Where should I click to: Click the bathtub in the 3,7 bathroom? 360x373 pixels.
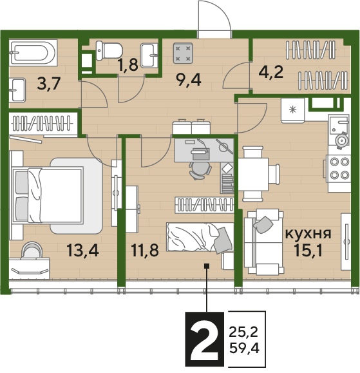pyautogui.click(x=33, y=53)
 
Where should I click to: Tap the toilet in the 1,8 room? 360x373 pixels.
pyautogui.click(x=109, y=50)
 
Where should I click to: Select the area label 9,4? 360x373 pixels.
pyautogui.click(x=189, y=80)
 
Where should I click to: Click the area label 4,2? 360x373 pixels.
pyautogui.click(x=271, y=72)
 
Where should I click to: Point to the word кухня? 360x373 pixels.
pyautogui.click(x=308, y=234)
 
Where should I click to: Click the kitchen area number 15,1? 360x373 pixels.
pyautogui.click(x=308, y=250)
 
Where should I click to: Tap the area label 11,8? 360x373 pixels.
pyautogui.click(x=145, y=250)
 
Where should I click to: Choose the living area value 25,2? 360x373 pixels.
pyautogui.click(x=243, y=332)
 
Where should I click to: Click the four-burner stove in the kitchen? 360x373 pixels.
pyautogui.click(x=338, y=169)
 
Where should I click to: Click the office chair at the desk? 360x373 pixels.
pyautogui.click(x=200, y=170)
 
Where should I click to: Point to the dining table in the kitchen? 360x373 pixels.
pyautogui.click(x=253, y=174)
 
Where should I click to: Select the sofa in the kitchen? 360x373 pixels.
pyautogui.click(x=264, y=242)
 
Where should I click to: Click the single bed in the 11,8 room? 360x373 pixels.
pyautogui.click(x=200, y=237)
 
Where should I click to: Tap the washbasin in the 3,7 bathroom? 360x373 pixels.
pyautogui.click(x=17, y=90)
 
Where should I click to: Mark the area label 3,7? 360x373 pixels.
pyautogui.click(x=49, y=84)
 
